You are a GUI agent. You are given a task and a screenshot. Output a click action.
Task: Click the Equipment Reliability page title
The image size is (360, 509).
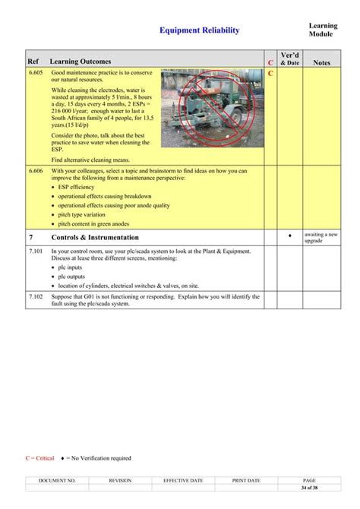(x=199, y=30)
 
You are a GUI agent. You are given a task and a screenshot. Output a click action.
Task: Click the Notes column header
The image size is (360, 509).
(x=321, y=62)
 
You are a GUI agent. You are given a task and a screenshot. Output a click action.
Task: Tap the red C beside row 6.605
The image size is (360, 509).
(x=270, y=73)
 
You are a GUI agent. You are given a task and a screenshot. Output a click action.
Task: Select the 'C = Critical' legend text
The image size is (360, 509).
(x=39, y=458)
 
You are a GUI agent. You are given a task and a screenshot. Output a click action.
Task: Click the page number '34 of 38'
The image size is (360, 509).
(x=309, y=487)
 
